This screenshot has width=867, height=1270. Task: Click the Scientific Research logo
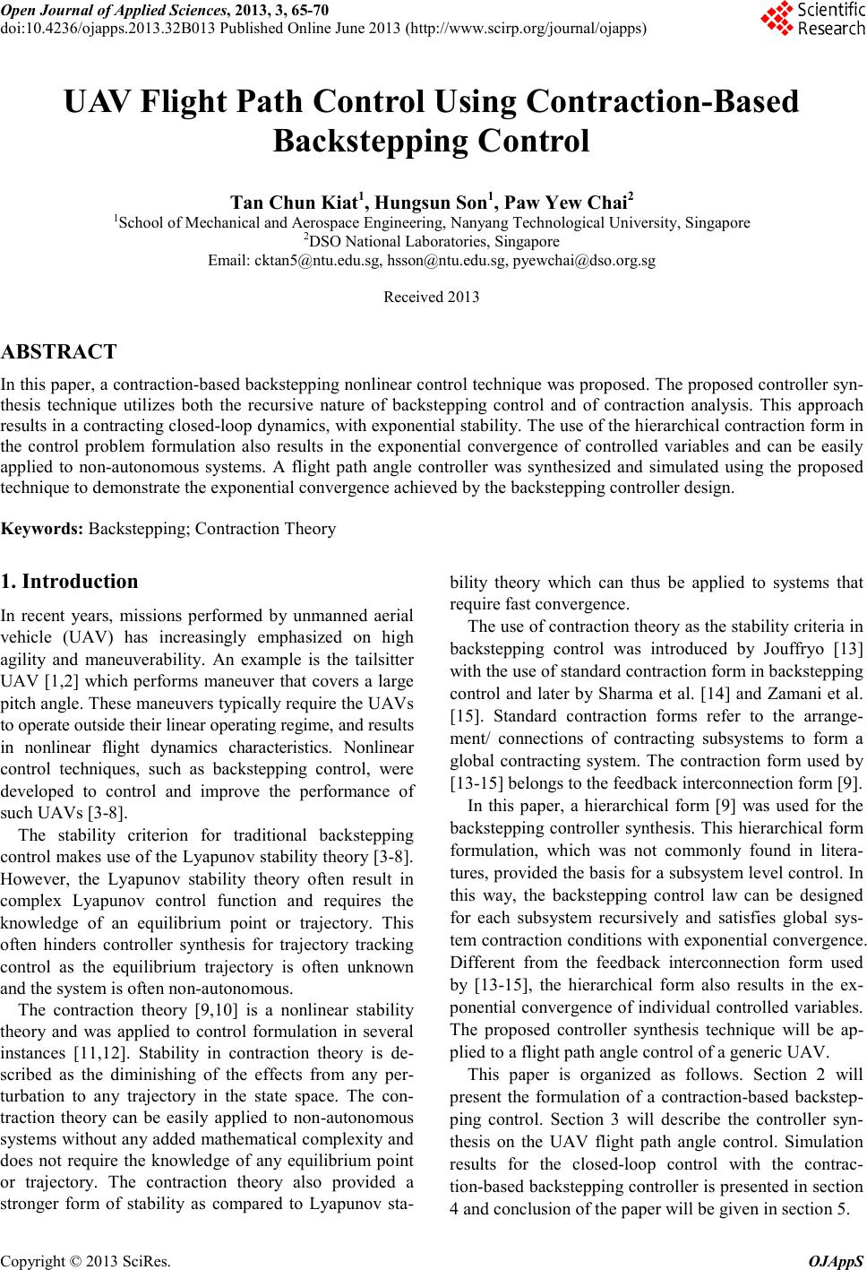pos(811,20)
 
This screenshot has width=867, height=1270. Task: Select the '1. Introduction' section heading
pos(70,581)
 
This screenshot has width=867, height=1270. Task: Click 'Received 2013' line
pos(431,297)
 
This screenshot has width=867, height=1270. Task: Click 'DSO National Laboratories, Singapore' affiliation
pos(432,241)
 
